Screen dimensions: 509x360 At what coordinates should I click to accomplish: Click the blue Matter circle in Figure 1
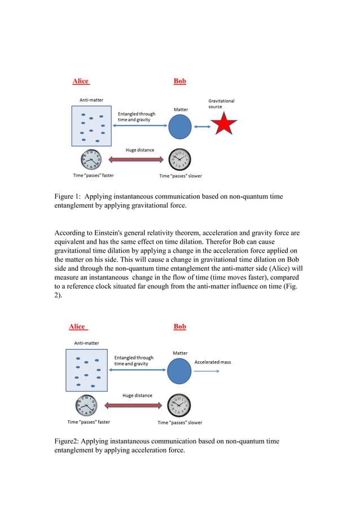coord(180,126)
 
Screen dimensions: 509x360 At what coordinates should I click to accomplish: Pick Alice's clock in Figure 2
coord(86,405)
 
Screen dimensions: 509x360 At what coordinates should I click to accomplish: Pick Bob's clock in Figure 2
coord(179,405)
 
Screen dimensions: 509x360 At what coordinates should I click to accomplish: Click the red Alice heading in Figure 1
coord(81,81)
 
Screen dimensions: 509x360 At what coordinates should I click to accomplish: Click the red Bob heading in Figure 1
coord(180,81)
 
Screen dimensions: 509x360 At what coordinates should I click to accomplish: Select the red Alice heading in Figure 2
coord(77,327)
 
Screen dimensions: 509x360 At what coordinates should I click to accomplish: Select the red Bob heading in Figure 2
coord(180,327)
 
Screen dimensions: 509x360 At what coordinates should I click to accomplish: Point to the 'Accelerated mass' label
coord(212,362)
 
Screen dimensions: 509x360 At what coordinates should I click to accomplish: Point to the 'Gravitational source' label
coord(221,104)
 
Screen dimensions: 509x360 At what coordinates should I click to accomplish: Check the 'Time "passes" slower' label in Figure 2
coord(179,423)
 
